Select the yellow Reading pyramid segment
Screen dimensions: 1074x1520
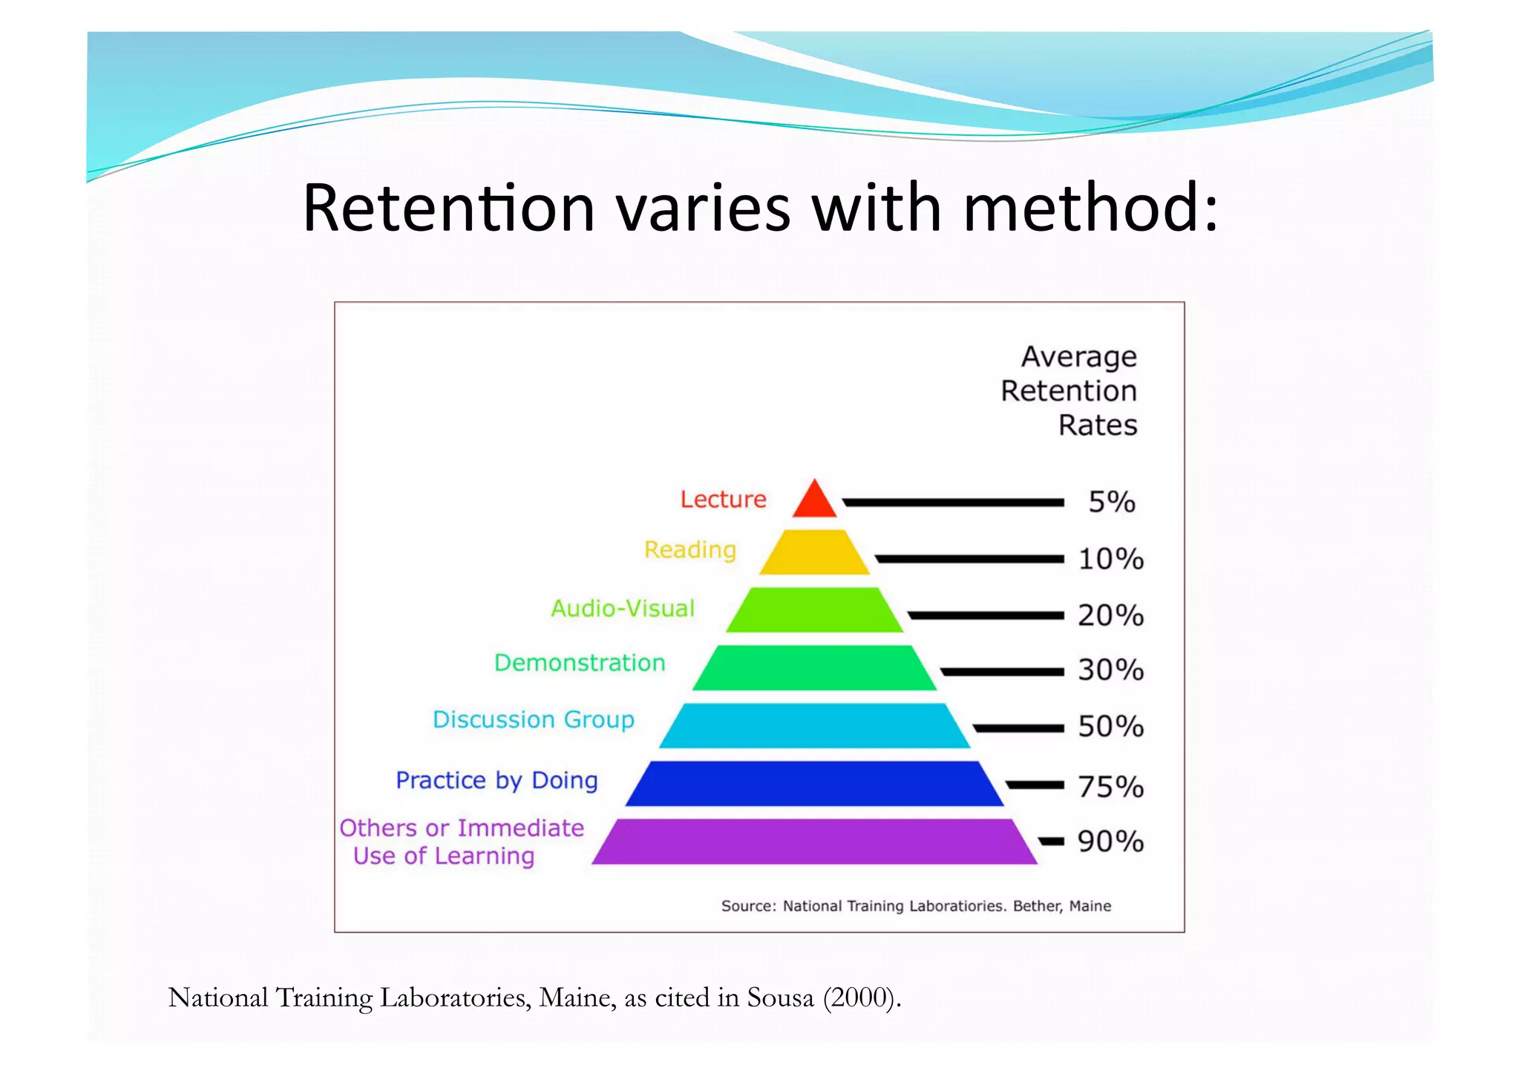(814, 552)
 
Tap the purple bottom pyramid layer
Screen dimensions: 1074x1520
(814, 842)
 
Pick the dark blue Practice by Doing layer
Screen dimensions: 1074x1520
(814, 784)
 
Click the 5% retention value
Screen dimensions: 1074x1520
(1111, 502)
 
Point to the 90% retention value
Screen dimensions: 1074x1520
(1110, 842)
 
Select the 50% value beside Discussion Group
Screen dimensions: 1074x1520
(1110, 727)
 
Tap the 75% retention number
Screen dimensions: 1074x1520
(1110, 787)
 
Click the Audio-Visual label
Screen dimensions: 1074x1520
(622, 609)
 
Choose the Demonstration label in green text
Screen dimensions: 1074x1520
(580, 663)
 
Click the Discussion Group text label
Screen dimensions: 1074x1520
(533, 720)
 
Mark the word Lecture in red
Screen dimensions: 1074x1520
(723, 500)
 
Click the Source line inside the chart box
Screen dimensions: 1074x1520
(916, 906)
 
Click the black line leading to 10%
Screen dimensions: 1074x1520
(969, 559)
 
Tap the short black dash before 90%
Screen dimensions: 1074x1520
(1051, 841)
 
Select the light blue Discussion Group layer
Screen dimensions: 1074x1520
(814, 726)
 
